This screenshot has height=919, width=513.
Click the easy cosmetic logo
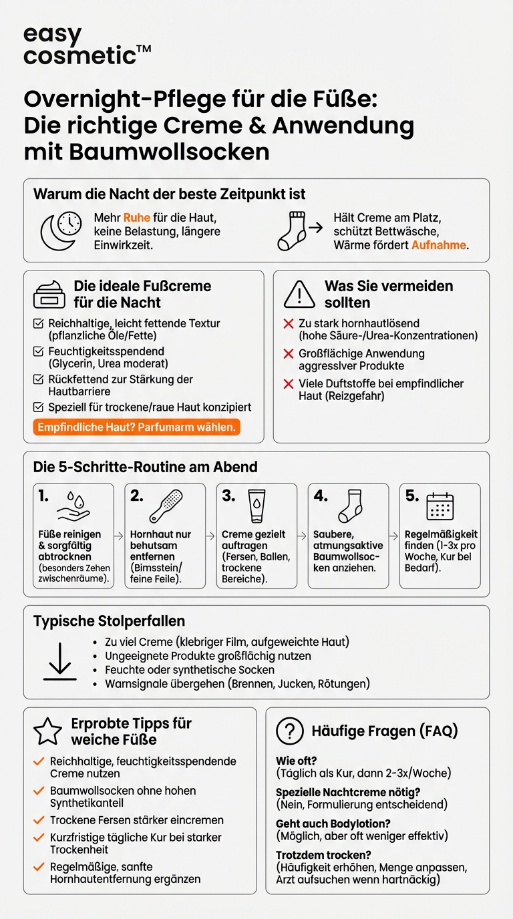[87, 45]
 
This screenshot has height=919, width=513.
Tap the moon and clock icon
[61, 232]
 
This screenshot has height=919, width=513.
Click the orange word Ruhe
[136, 218]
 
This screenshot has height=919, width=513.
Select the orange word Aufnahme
[439, 246]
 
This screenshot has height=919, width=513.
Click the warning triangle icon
[299, 294]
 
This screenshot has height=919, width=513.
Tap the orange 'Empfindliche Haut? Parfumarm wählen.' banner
[136, 427]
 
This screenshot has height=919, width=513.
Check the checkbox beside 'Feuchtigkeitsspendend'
[39, 351]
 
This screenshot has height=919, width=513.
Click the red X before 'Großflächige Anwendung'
[289, 354]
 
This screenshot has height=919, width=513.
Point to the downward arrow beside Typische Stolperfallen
[60, 661]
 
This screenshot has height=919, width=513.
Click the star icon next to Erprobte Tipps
[47, 732]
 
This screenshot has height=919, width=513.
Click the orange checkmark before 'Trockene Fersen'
[39, 820]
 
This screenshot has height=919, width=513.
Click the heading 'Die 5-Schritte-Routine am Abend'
[146, 468]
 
